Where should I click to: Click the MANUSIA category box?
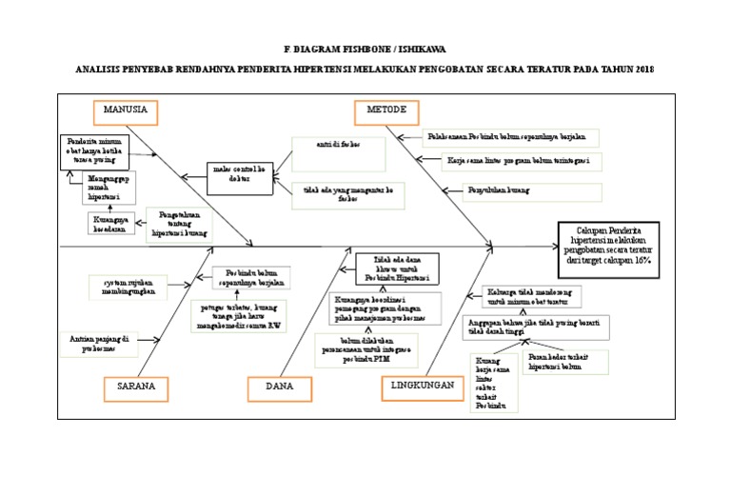(126, 110)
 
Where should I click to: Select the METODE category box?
(387, 110)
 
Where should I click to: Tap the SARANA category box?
(136, 388)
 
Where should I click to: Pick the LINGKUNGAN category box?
(419, 387)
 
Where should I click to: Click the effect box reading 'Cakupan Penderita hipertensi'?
(609, 245)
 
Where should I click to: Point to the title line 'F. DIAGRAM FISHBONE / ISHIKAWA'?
(365, 48)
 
